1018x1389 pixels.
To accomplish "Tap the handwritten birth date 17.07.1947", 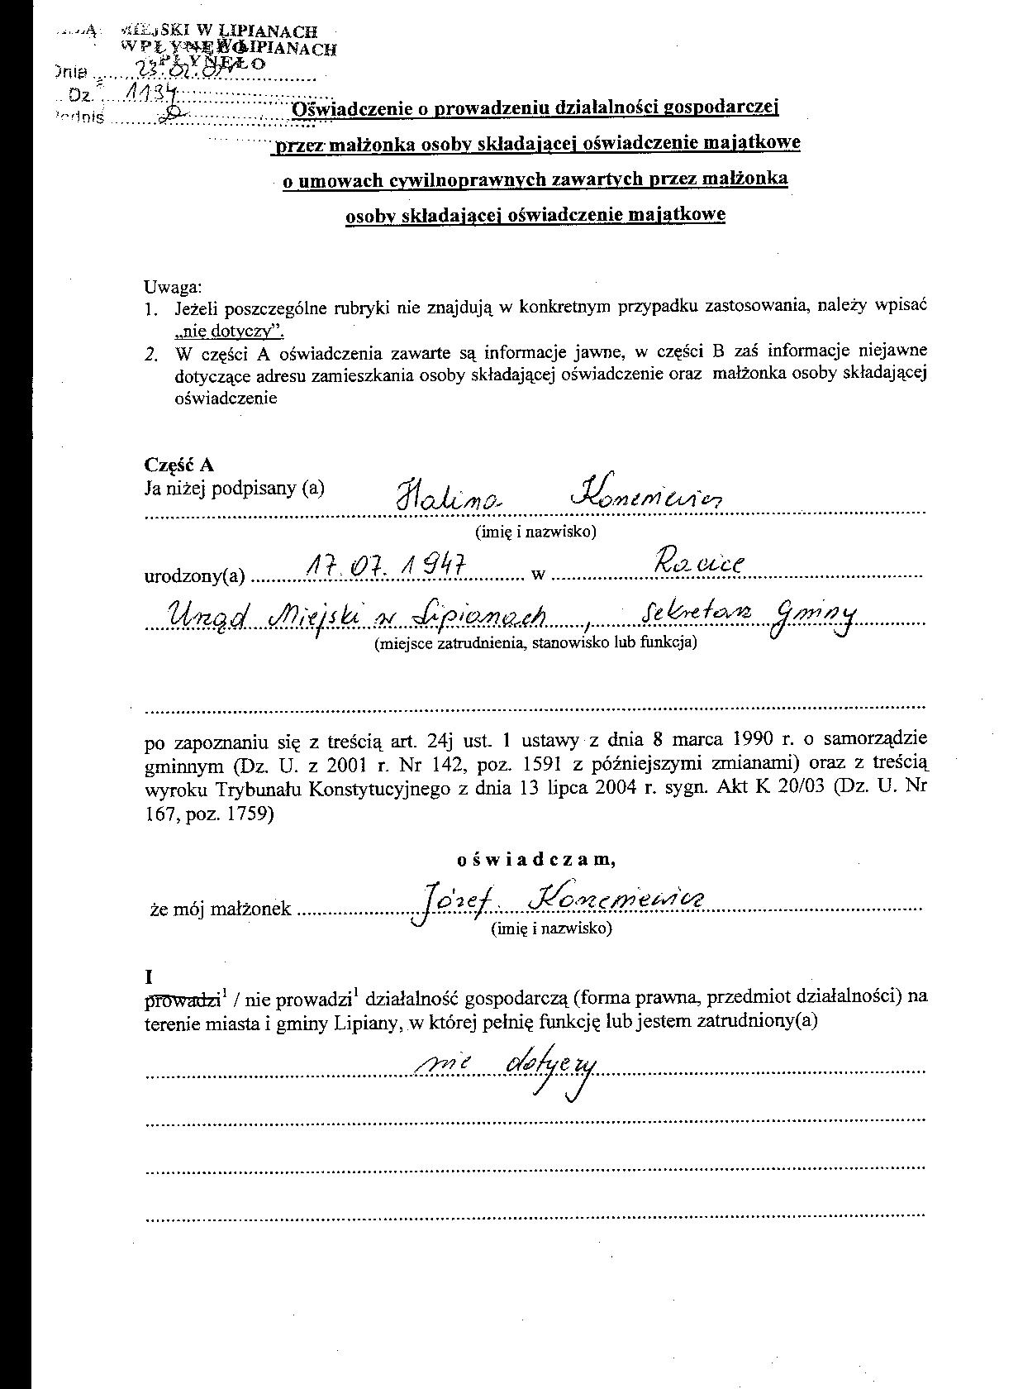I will click(386, 566).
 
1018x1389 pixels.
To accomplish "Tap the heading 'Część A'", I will click(179, 465).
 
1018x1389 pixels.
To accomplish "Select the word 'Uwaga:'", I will click(173, 287).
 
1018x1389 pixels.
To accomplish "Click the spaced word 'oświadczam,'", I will click(535, 860).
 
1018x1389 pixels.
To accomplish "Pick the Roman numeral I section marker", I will click(149, 976).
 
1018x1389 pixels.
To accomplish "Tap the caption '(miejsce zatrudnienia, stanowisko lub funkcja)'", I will click(535, 642).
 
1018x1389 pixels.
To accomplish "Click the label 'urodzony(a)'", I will click(195, 576).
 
